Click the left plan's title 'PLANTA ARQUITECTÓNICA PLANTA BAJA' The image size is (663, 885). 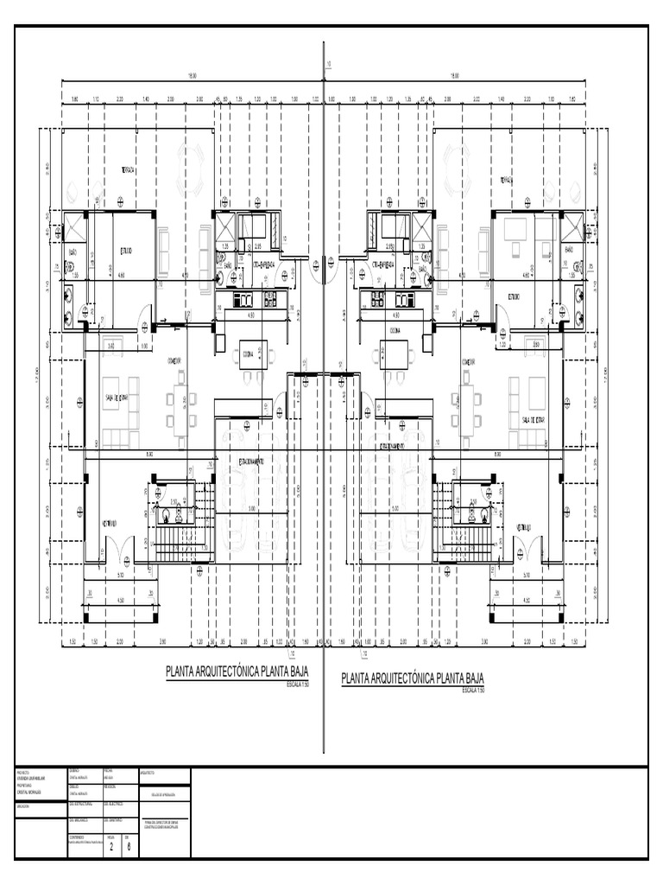click(236, 674)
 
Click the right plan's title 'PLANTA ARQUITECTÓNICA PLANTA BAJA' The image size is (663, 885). click(413, 678)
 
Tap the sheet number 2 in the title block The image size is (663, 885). click(111, 846)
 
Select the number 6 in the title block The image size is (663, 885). click(128, 846)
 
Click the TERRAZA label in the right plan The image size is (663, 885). click(507, 180)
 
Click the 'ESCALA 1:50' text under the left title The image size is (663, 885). click(297, 684)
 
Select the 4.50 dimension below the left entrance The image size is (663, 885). click(121, 602)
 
